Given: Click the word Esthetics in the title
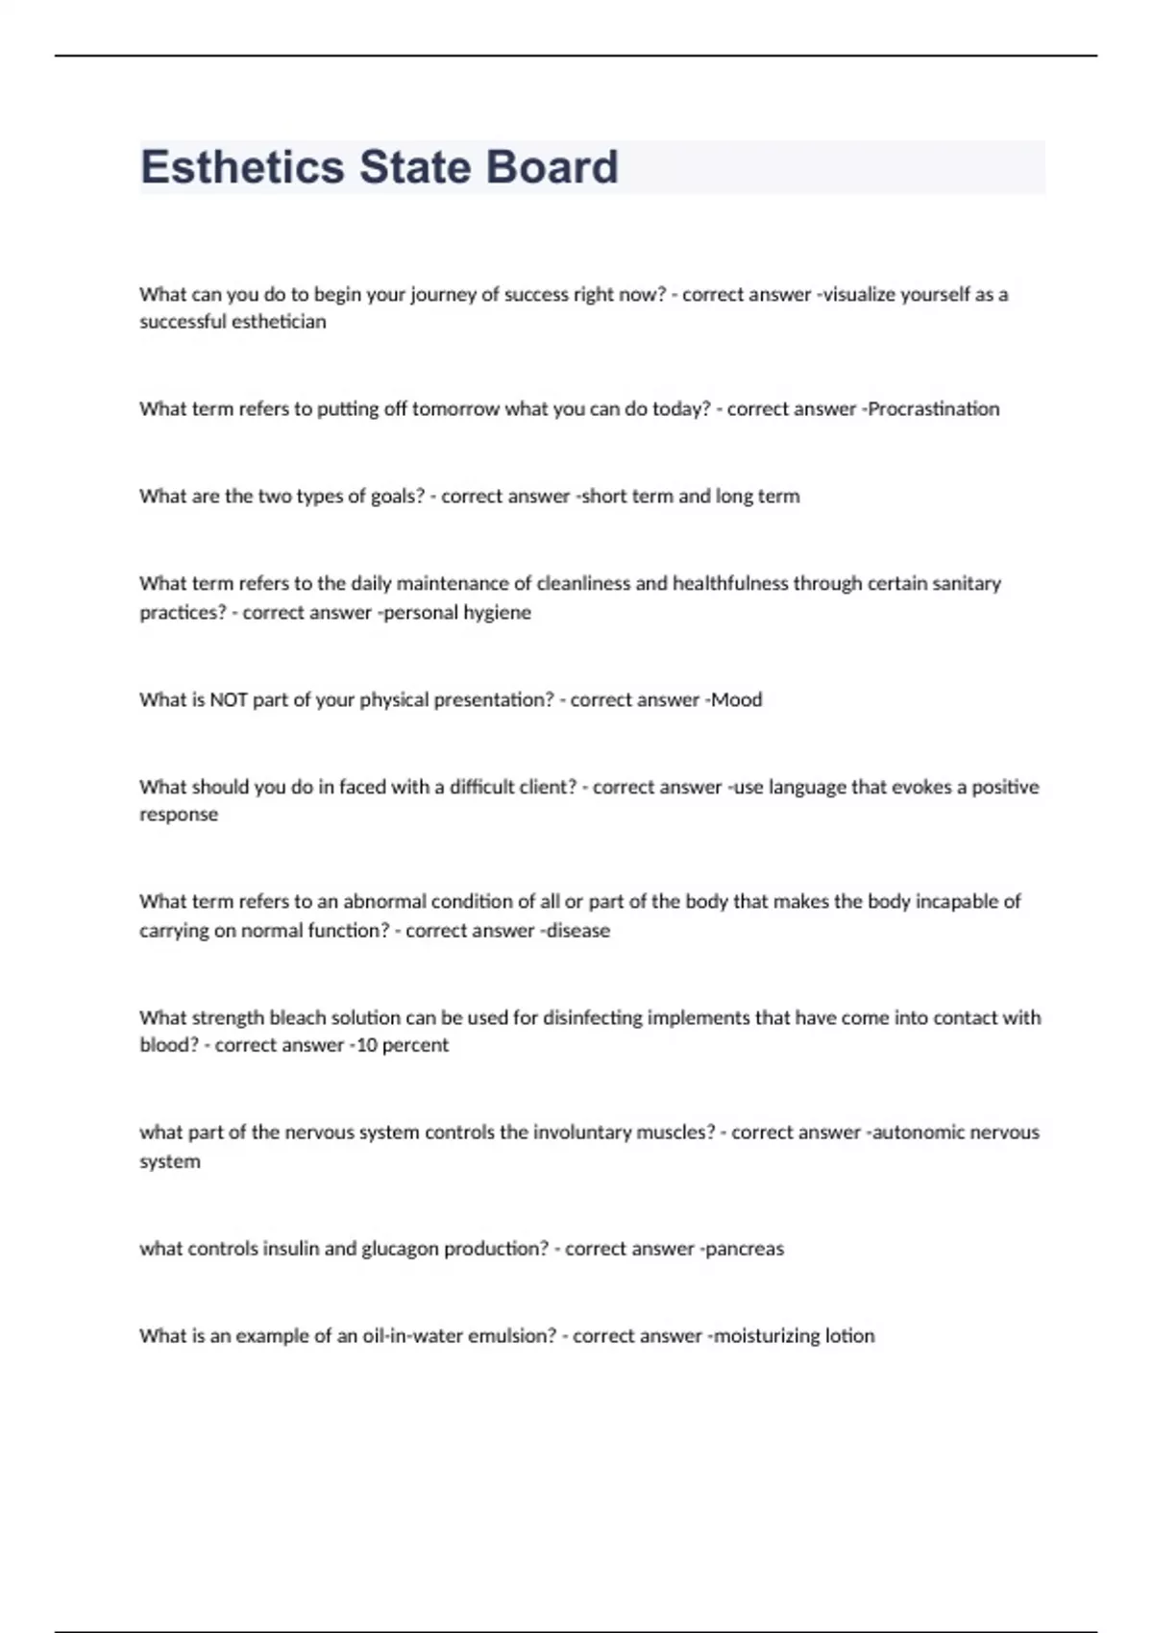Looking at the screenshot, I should [242, 167].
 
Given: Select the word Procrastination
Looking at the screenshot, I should [934, 409].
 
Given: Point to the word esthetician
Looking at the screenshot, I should [279, 322].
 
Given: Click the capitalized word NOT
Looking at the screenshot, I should [229, 700].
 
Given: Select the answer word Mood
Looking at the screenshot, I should [737, 700].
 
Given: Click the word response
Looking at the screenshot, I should [179, 815].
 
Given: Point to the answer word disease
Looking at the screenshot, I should [578, 931].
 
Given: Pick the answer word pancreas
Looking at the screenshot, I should [745, 1249].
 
